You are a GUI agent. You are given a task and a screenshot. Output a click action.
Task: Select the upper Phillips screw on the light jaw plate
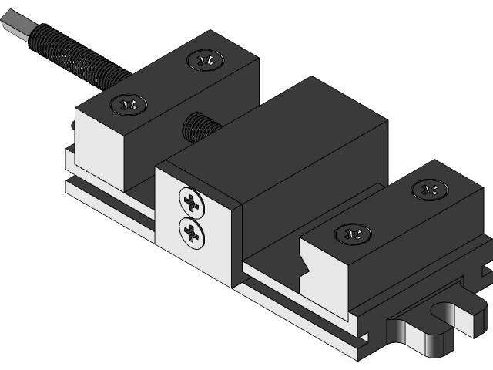[x=190, y=202]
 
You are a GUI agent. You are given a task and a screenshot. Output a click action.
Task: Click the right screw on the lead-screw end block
[x=205, y=59]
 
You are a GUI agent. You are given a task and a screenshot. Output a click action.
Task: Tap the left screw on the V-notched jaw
[x=353, y=232]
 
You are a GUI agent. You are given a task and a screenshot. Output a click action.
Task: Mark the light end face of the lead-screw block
[x=99, y=150]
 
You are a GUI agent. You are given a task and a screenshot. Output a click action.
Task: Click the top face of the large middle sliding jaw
[x=277, y=139]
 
